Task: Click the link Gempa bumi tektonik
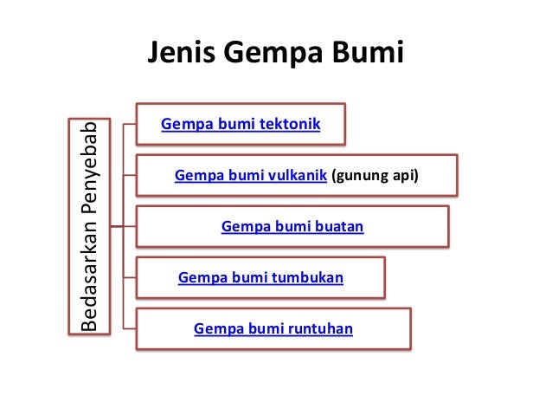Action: [241, 126]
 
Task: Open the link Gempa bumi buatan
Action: [292, 227]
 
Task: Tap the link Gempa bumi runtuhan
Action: [273, 328]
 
